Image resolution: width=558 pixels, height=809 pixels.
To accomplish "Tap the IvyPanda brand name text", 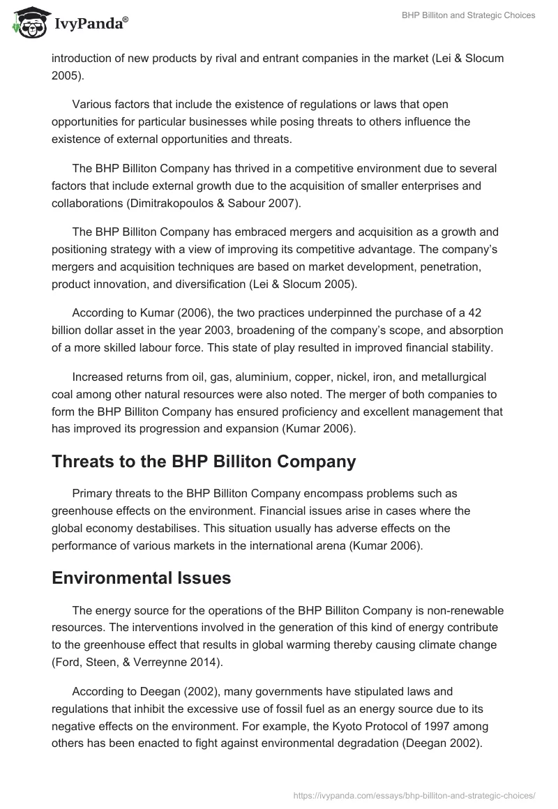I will click(x=91, y=24).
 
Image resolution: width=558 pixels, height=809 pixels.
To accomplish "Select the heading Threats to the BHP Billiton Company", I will click(x=204, y=461).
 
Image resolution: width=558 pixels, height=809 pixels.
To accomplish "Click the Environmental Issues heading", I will click(x=141, y=578).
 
